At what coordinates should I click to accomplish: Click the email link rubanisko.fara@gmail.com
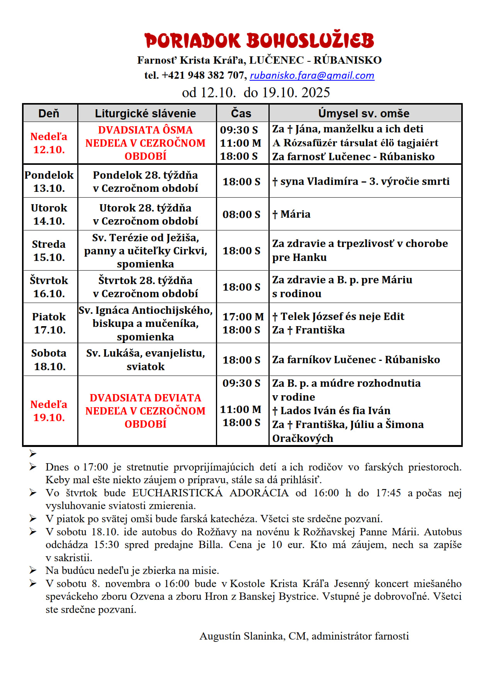(312, 75)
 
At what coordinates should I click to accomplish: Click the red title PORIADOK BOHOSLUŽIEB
(259, 41)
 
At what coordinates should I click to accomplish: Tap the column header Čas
(241, 113)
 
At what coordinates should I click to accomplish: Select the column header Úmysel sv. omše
(363, 113)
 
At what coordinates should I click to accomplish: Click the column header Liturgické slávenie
(145, 113)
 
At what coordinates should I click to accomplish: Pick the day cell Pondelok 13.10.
(49, 181)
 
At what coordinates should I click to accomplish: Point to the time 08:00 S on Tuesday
(241, 215)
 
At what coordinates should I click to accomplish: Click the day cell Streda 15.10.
(49, 250)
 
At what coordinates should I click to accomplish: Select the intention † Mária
(291, 214)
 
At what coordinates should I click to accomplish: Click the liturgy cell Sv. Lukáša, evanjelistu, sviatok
(146, 360)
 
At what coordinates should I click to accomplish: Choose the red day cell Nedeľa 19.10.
(49, 411)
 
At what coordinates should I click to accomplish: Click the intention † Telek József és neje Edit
(338, 316)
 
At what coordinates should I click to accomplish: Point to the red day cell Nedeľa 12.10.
(49, 143)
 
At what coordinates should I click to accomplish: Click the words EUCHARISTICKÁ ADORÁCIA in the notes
(211, 493)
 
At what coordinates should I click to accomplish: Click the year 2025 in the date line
(316, 93)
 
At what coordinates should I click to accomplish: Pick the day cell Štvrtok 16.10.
(49, 287)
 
